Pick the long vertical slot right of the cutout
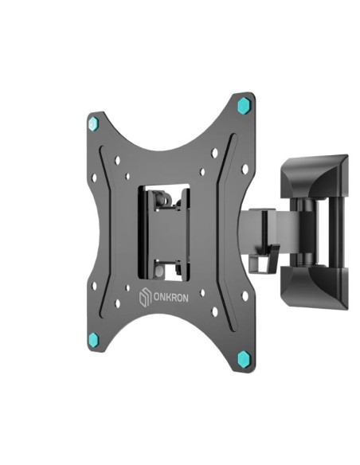[x=228, y=231]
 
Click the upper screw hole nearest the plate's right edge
[x=245, y=169]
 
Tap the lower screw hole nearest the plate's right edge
[x=245, y=295]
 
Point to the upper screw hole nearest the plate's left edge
[x=94, y=178]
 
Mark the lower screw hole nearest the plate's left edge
[x=94, y=285]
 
